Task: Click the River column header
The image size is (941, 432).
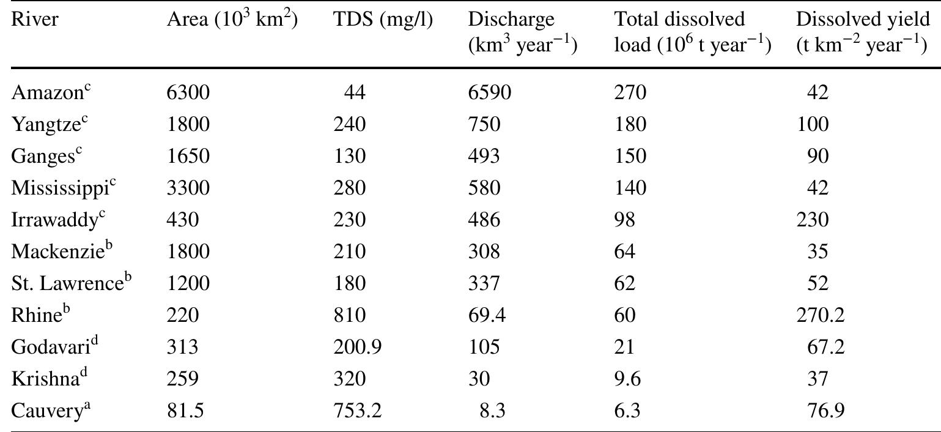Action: (x=35, y=20)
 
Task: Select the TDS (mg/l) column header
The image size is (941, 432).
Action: (x=383, y=20)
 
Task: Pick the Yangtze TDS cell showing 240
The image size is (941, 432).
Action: (x=350, y=124)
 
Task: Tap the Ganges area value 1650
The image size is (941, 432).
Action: (x=188, y=156)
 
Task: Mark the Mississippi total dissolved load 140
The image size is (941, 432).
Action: (x=630, y=188)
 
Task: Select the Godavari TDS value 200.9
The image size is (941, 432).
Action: (x=358, y=347)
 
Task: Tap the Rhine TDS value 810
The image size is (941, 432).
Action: (x=350, y=315)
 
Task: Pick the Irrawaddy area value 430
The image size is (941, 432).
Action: (x=183, y=220)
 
